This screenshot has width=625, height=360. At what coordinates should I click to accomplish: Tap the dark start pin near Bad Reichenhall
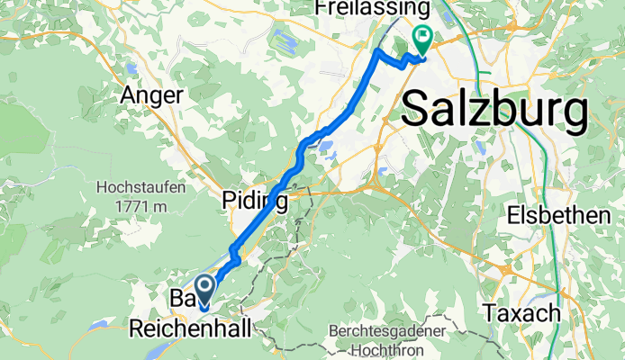[x=204, y=290]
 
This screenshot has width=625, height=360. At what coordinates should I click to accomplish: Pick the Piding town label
[x=256, y=201]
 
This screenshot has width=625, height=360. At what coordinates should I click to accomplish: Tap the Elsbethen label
[x=566, y=216]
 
